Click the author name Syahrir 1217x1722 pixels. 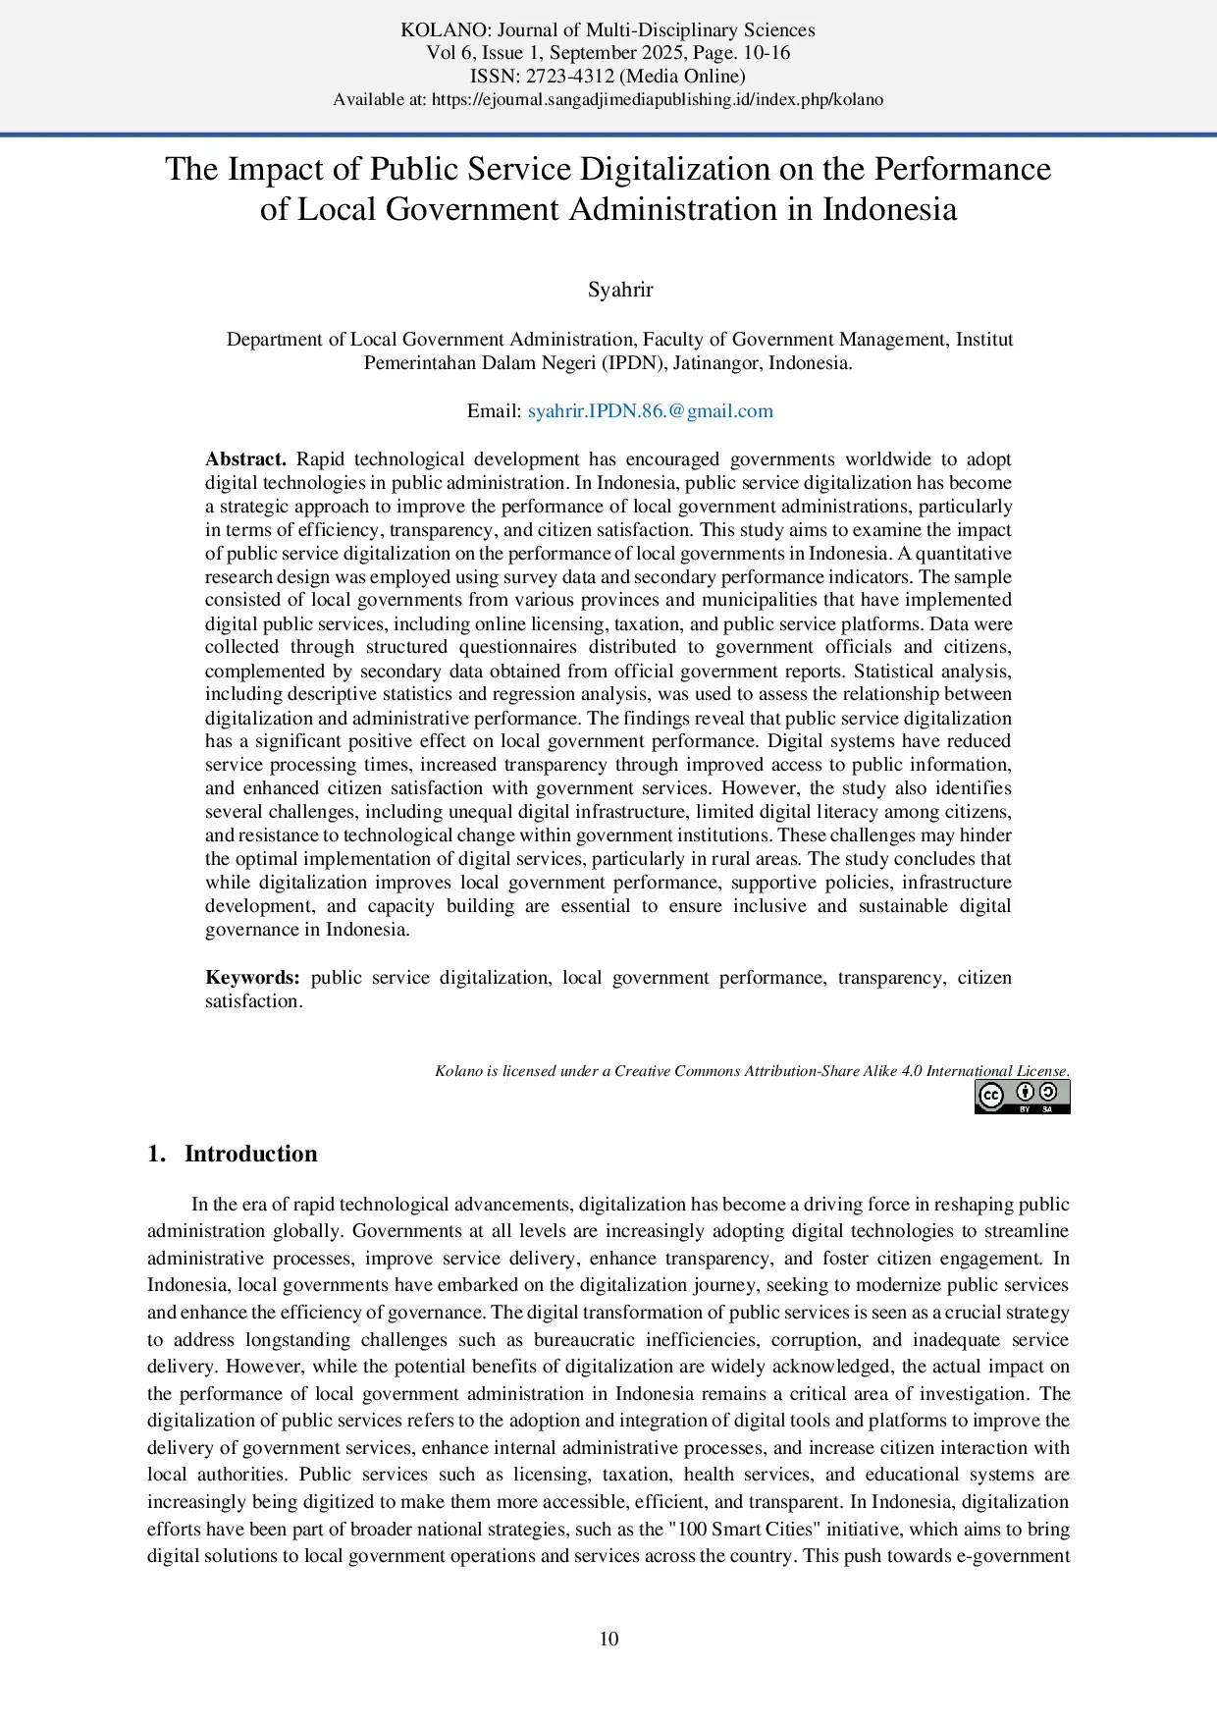[x=620, y=290]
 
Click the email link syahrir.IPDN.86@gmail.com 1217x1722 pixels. [x=650, y=411]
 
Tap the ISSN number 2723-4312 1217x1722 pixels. [x=570, y=76]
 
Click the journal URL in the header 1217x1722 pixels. [x=658, y=99]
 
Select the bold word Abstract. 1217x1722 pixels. [x=245, y=459]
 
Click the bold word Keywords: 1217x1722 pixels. [x=252, y=978]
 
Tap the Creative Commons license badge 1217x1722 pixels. [x=1022, y=1097]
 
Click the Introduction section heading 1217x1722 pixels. [x=250, y=1154]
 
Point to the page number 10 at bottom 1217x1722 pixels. [x=608, y=1639]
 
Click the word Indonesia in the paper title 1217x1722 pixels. [x=889, y=209]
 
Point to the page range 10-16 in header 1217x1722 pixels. [x=767, y=53]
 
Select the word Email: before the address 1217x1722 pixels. [x=494, y=411]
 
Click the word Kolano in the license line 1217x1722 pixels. [x=458, y=1071]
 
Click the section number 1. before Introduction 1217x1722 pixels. [x=156, y=1154]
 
